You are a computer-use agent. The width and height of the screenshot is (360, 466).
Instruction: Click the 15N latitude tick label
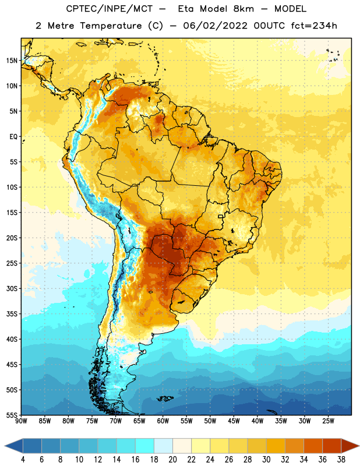(12, 61)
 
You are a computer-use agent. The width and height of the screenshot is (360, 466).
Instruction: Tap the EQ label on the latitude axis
(13, 137)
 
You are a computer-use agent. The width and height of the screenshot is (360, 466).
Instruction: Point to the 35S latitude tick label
(12, 314)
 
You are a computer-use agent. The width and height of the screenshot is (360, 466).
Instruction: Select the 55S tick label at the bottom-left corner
(12, 415)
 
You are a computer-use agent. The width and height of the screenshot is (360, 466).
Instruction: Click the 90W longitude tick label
(21, 421)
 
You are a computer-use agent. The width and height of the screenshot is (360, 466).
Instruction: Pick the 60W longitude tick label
(163, 421)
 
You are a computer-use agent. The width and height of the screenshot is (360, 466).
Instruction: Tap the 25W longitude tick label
(328, 421)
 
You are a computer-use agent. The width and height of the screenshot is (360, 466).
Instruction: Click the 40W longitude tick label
(257, 421)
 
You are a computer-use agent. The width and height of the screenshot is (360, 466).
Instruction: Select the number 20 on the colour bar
(172, 460)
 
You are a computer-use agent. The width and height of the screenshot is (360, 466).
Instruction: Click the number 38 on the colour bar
(341, 460)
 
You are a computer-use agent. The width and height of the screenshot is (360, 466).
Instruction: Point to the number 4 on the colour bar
(23, 460)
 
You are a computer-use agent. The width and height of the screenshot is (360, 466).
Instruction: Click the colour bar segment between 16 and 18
(145, 446)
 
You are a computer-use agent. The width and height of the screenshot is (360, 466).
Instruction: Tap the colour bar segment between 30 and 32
(276, 446)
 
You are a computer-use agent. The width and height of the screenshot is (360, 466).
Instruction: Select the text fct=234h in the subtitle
(314, 26)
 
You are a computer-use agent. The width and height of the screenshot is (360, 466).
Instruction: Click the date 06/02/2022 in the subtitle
(215, 26)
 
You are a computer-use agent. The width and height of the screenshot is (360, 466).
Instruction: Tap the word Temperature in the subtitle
(111, 26)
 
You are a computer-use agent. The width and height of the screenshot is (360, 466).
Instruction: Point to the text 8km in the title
(243, 9)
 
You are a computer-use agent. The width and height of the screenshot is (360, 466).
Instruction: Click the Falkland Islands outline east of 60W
(165, 398)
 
